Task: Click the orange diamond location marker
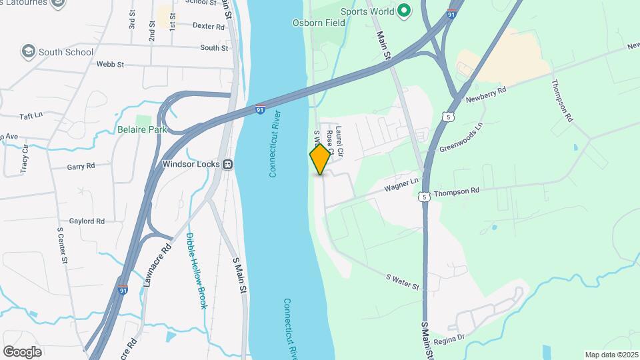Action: pyautogui.click(x=321, y=159)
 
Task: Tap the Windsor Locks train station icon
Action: pyautogui.click(x=227, y=163)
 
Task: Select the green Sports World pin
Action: pyautogui.click(x=403, y=11)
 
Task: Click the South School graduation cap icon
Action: pyautogui.click(x=28, y=51)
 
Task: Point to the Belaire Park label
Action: pyautogui.click(x=142, y=129)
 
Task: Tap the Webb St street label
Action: pyautogui.click(x=111, y=64)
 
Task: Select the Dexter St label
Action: pyautogui.click(x=206, y=25)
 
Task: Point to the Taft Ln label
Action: pyautogui.click(x=31, y=115)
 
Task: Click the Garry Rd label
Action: pyautogui.click(x=81, y=165)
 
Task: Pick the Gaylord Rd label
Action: pyautogui.click(x=87, y=221)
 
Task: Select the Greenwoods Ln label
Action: pyautogui.click(x=461, y=137)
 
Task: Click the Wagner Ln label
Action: pyautogui.click(x=401, y=185)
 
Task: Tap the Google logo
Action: pyautogui.click(x=22, y=351)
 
